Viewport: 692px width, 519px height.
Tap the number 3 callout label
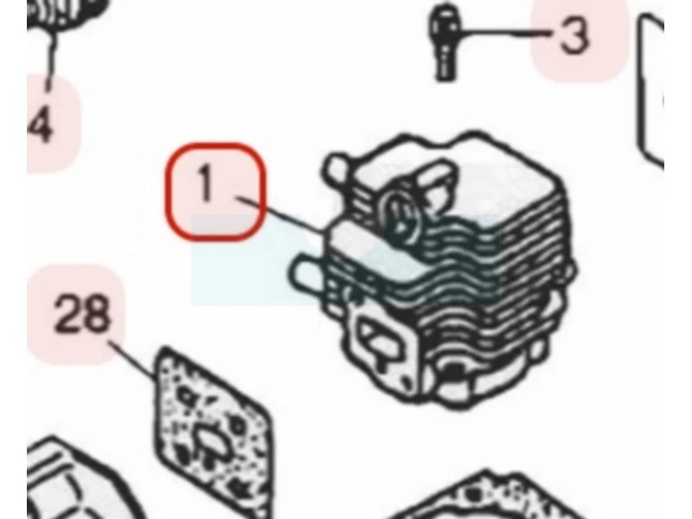click(574, 35)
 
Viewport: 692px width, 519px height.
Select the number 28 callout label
click(81, 313)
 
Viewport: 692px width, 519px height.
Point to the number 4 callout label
click(41, 125)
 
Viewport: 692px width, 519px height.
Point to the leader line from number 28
click(132, 360)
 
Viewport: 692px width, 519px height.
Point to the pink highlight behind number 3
click(579, 40)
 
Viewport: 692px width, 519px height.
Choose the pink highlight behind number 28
click(75, 314)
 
